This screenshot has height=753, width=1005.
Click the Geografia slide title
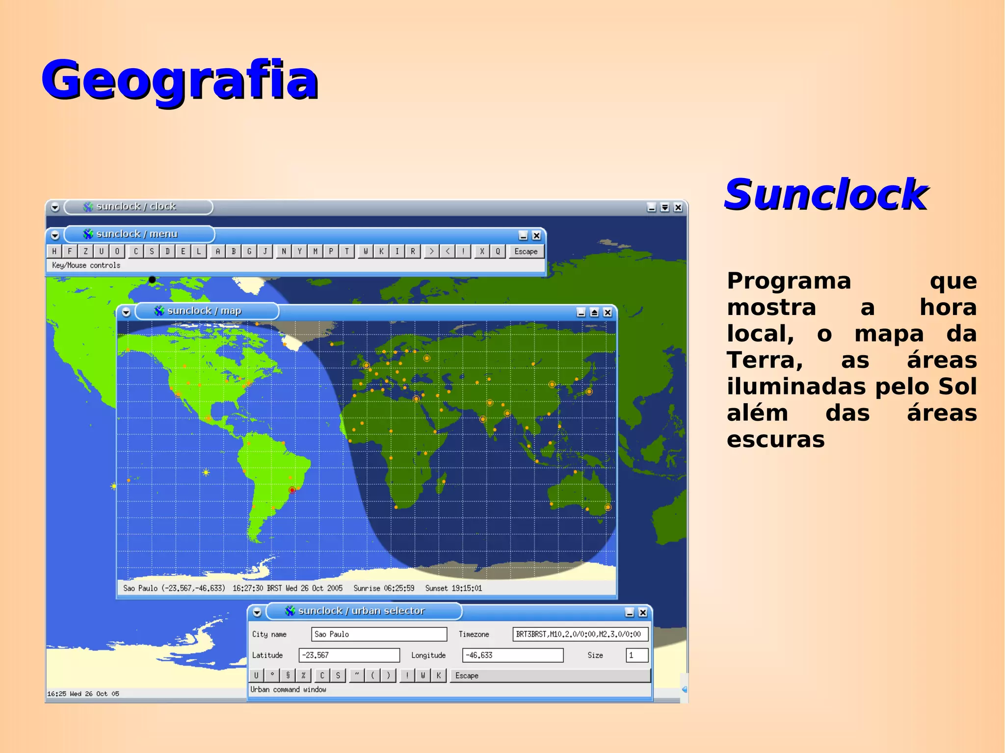(180, 79)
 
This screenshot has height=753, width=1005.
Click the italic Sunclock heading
(826, 195)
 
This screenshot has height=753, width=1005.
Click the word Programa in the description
(789, 281)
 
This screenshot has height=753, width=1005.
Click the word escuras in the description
(775, 440)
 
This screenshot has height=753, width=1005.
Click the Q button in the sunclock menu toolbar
(498, 252)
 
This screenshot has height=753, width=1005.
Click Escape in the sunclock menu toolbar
(526, 252)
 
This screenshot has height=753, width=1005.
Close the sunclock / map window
(608, 312)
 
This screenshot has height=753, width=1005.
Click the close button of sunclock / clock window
(678, 208)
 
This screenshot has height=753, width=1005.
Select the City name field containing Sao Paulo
(379, 634)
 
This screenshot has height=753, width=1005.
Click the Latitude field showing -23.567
(349, 655)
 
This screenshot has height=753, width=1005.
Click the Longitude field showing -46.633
(512, 655)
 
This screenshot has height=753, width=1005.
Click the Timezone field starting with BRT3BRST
(580, 634)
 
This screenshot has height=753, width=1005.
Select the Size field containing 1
(636, 655)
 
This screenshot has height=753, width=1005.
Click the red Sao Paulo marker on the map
(292, 490)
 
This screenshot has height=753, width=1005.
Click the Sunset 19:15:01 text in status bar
(453, 588)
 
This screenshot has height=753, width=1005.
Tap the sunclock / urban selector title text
(362, 611)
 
